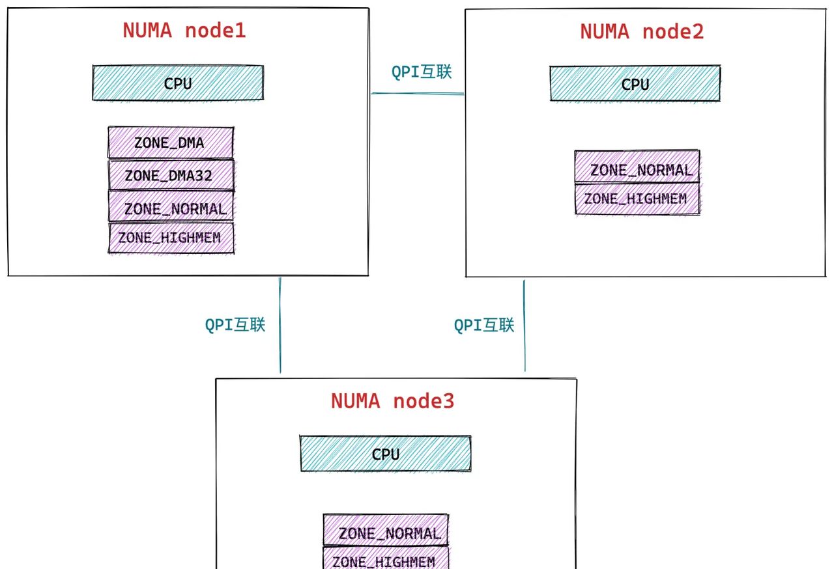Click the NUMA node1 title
pyautogui.click(x=184, y=31)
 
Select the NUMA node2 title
pyautogui.click(x=642, y=32)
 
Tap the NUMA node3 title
pyautogui.click(x=392, y=401)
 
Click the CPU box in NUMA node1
pyautogui.click(x=178, y=83)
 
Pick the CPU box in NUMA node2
pyautogui.click(x=635, y=84)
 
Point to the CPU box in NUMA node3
pyautogui.click(x=385, y=454)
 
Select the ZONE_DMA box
pyautogui.click(x=170, y=143)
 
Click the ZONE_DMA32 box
pyautogui.click(x=170, y=175)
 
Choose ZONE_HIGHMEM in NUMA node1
pyautogui.click(x=171, y=238)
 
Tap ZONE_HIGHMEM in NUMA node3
pyautogui.click(x=385, y=560)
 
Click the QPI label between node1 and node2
pyautogui.click(x=421, y=72)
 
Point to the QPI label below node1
pyautogui.click(x=235, y=325)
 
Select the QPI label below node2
pyautogui.click(x=484, y=325)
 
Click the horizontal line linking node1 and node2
pyautogui.click(x=417, y=93)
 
